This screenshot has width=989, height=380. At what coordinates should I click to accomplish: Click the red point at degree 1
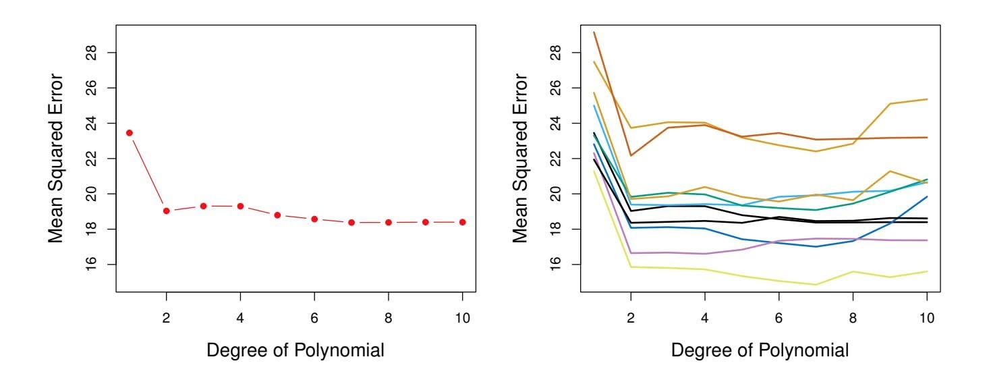pos(129,133)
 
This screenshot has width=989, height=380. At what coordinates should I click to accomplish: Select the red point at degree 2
pos(166,211)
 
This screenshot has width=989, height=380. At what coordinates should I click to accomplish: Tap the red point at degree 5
pos(277,215)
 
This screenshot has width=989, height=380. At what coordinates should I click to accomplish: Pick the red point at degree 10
pos(463,222)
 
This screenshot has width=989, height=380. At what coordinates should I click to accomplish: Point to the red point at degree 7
pos(351,222)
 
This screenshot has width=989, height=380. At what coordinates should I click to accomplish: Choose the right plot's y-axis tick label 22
pos(556,159)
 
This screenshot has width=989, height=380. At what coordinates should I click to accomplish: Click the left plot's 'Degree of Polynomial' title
pos(295,350)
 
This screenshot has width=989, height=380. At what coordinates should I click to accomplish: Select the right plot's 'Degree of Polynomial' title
pos(760,350)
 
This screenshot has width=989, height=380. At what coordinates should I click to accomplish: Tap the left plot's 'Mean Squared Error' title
pos(58,159)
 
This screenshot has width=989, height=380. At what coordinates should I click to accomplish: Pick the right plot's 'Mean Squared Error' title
pos(522,159)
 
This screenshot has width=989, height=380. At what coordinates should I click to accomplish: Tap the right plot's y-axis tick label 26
pos(556,88)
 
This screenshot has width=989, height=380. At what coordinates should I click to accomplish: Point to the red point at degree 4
pos(240,206)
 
